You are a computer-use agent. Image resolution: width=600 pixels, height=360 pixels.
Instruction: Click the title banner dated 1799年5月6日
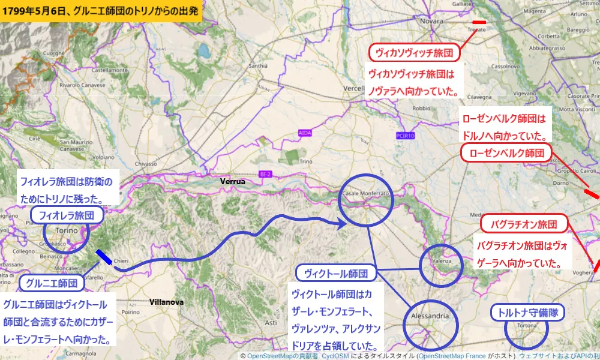coord(100,10)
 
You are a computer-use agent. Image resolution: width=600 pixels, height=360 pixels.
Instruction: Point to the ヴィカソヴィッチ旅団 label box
coord(413,53)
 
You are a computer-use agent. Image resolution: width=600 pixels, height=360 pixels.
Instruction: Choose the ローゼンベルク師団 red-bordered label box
coord(506,152)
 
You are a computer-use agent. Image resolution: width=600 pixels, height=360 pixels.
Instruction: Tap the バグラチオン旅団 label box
coord(524,224)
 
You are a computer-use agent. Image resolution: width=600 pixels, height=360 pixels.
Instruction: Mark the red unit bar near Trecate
coord(479,22)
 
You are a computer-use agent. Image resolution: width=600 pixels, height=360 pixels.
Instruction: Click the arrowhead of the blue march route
coord(343,224)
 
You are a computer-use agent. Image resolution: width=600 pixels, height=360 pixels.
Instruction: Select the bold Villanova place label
coord(167,302)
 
